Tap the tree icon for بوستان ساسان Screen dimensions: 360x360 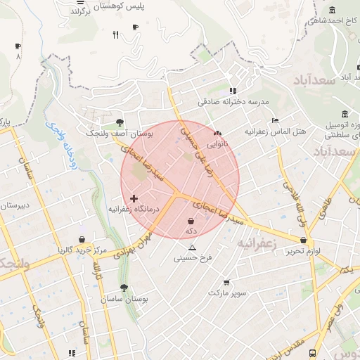[x=124, y=288]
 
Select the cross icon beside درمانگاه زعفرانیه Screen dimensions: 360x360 [x=134, y=199]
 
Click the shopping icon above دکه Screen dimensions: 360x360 [x=191, y=220]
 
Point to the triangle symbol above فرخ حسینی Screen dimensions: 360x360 [x=192, y=247]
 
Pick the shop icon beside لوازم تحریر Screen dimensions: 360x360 [x=302, y=240]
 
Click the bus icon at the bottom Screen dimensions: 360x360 [x=312, y=353]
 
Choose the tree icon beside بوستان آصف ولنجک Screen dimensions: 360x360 [x=120, y=122]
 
